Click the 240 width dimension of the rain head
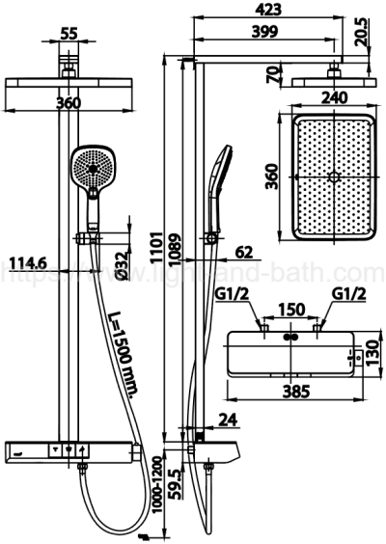[334, 97]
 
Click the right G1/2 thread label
[346, 292]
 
